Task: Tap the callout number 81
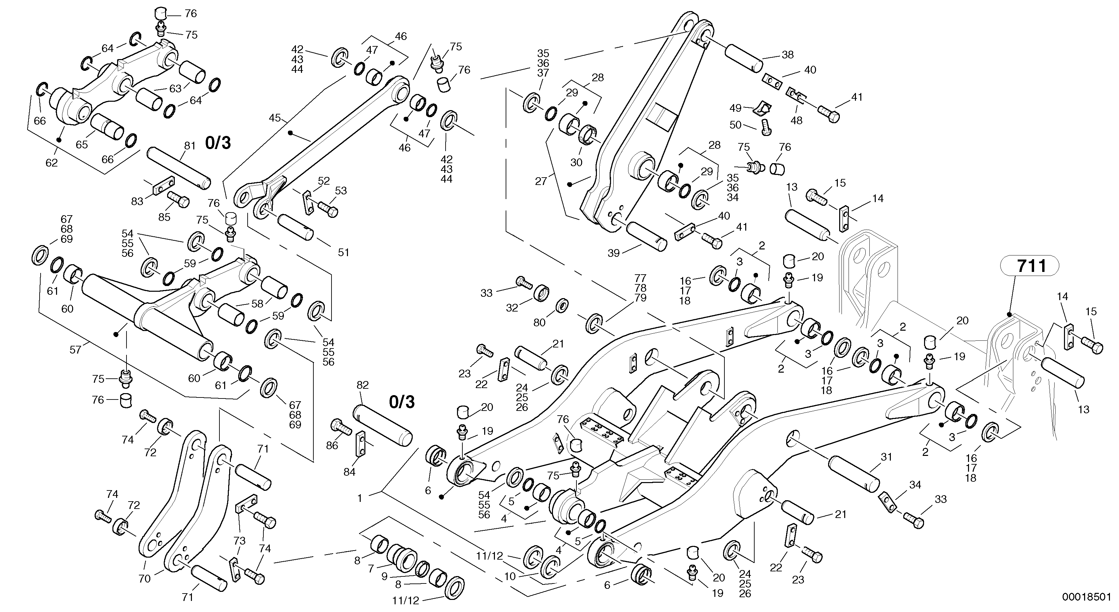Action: tap(190, 146)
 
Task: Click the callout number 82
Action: tap(362, 385)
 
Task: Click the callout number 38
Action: tap(787, 55)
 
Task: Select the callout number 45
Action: tap(274, 118)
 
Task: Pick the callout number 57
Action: tap(75, 349)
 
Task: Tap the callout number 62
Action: tap(51, 163)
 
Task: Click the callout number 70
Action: tap(144, 578)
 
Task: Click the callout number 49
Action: tap(735, 107)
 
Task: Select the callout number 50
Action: tap(735, 125)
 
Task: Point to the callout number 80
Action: tap(539, 323)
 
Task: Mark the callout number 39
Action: tap(613, 253)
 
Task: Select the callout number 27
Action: tap(541, 181)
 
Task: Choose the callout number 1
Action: tap(359, 499)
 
